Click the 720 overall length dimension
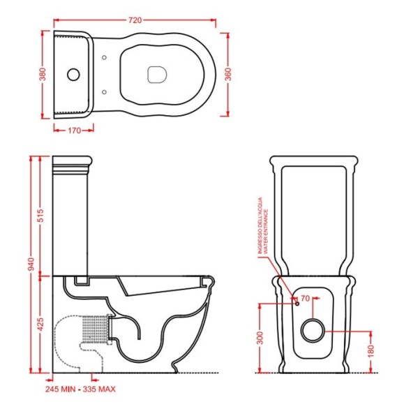point(135,20)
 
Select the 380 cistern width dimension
point(43,74)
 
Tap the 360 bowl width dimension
point(228,74)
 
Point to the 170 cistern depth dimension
point(75,130)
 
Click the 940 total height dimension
point(31,264)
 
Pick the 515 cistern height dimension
point(41,216)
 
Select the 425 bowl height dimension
point(41,324)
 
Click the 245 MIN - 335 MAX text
point(80,389)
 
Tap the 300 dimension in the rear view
point(260,338)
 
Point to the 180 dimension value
point(371,352)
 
